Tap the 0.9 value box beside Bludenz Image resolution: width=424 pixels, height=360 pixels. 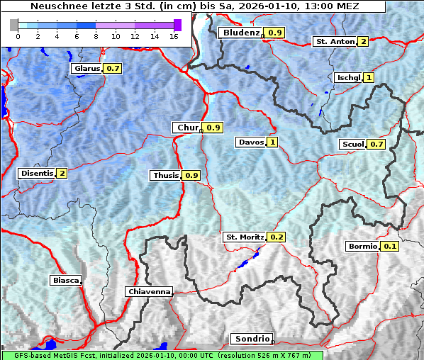pos(275,33)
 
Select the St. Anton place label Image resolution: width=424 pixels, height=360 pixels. pos(335,41)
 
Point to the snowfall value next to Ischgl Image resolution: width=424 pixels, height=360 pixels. pos(369,77)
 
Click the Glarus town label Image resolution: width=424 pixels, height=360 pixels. pos(87,69)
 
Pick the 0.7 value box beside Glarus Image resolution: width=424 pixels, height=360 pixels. pos(113,69)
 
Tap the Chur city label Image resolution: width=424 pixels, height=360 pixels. pos(186,128)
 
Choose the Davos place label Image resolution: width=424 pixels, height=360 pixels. pos(251,142)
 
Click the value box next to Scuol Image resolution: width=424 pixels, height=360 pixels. pos(377,145)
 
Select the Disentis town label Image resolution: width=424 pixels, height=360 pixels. pos(37,173)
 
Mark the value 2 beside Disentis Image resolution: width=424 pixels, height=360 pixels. pos(62,173)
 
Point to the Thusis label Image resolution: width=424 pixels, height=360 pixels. pos(166,175)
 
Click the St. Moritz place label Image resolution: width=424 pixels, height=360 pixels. pos(244,237)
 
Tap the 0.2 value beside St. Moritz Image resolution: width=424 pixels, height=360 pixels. pos(277,237)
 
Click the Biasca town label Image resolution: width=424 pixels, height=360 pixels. pos(65,281)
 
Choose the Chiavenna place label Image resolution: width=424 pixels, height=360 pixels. pos(149,291)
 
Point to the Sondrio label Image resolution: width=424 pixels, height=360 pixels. pos(251,339)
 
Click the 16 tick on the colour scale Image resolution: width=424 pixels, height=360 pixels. pos(174,36)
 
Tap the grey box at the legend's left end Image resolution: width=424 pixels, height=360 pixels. pos(14,26)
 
